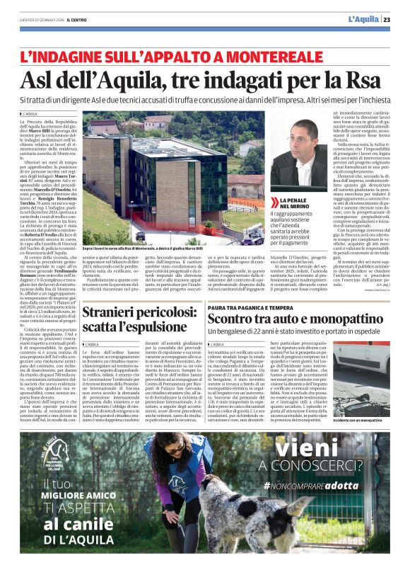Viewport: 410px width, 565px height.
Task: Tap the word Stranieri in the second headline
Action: click(127, 312)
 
